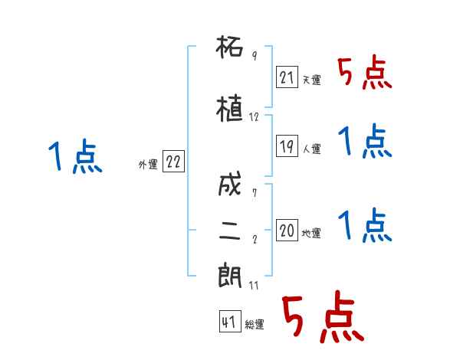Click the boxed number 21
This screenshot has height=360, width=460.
click(287, 77)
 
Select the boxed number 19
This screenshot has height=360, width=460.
click(287, 146)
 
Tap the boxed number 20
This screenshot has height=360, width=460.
click(287, 230)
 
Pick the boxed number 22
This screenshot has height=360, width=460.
click(173, 162)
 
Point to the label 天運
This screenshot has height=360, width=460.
click(311, 80)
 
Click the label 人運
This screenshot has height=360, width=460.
click(311, 149)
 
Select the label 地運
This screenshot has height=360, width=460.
click(311, 233)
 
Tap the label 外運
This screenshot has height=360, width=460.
click(147, 165)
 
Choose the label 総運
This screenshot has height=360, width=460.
click(255, 325)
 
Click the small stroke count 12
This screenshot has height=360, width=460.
click(255, 118)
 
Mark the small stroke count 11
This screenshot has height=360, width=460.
click(255, 285)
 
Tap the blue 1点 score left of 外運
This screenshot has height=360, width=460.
click(74, 157)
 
